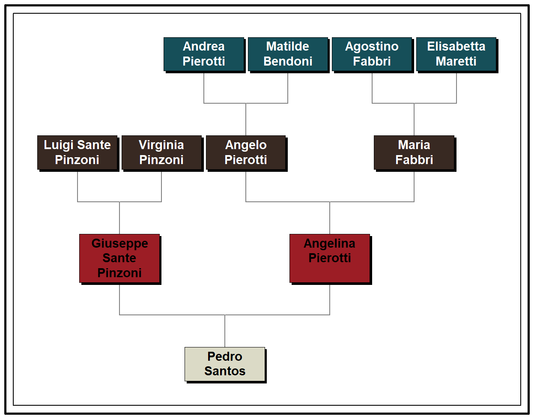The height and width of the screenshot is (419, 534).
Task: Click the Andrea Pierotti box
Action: coord(204,54)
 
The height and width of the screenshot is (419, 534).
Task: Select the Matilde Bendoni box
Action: coord(288,54)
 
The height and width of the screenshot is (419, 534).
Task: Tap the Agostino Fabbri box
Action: coord(372,54)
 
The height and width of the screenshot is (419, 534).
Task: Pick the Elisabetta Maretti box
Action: coord(456,54)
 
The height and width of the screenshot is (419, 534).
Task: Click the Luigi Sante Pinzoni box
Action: coord(77,153)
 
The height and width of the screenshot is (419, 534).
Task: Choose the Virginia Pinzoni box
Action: coord(161,153)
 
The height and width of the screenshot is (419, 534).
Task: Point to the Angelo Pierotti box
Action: coord(246,153)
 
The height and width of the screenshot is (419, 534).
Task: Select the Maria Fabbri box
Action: coord(414,153)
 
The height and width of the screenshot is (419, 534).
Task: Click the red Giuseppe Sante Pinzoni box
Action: coord(119,258)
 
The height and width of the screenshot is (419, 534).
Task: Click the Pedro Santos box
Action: coord(225,364)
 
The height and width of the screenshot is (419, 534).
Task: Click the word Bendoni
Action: coord(288,61)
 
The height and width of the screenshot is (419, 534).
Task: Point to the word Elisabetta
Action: coord(456,46)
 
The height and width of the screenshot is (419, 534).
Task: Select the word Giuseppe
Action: coord(120,243)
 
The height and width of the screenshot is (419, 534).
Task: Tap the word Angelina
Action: coord(330,243)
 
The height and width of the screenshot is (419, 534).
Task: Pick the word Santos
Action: coord(225,371)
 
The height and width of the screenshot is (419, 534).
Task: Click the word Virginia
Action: coord(161,145)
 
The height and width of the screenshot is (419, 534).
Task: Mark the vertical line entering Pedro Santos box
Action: coord(225,331)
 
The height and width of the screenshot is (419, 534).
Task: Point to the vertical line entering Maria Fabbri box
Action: coord(414,120)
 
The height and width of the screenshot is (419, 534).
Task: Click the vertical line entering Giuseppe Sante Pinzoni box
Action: coord(119,218)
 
